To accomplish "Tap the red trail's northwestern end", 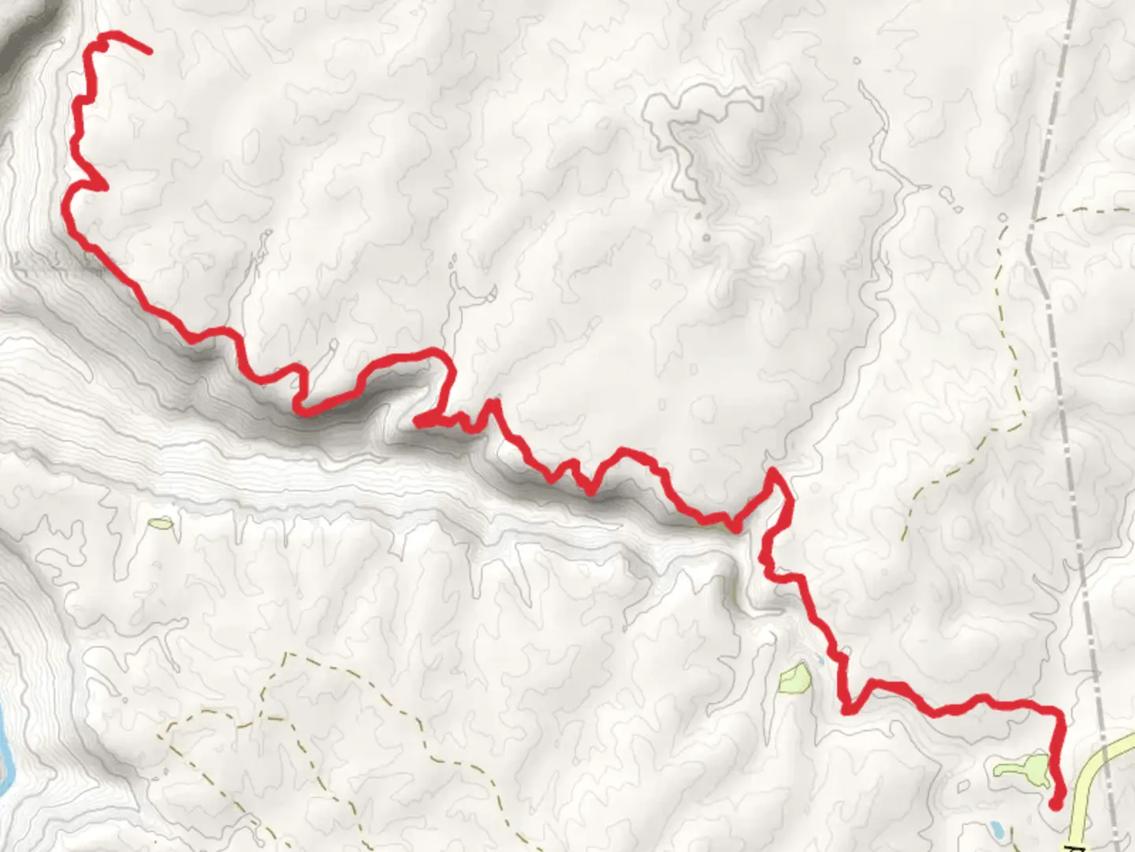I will tap(148, 51).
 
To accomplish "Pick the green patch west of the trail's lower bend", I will tap(794, 677).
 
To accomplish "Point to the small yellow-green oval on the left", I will tap(161, 522).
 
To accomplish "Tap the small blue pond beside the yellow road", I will tap(996, 829).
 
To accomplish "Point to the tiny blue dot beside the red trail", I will tap(821, 658).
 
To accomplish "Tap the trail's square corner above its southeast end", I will tap(1060, 713).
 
